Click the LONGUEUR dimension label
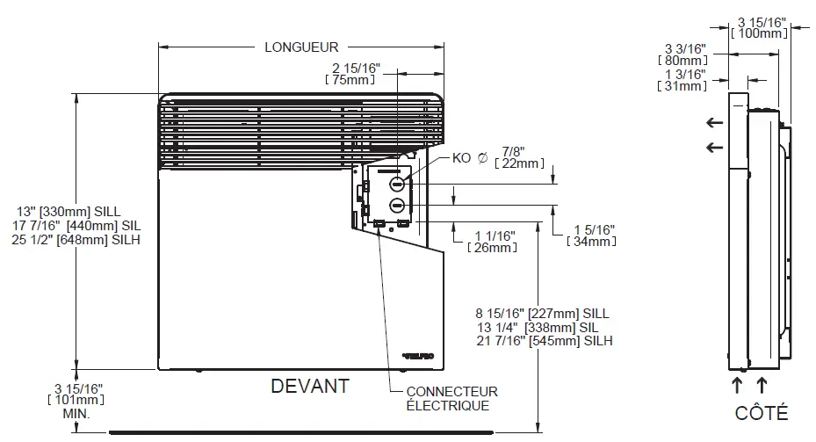click(x=301, y=47)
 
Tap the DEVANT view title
click(x=309, y=386)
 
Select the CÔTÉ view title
click(x=762, y=413)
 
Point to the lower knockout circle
click(x=397, y=206)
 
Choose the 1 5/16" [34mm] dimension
click(x=590, y=235)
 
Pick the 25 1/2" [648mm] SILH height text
click(x=76, y=240)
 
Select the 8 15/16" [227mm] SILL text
click(x=542, y=313)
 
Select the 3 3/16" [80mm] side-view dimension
click(x=682, y=54)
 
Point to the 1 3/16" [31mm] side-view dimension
click(x=682, y=80)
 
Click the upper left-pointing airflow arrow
click(x=714, y=124)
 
